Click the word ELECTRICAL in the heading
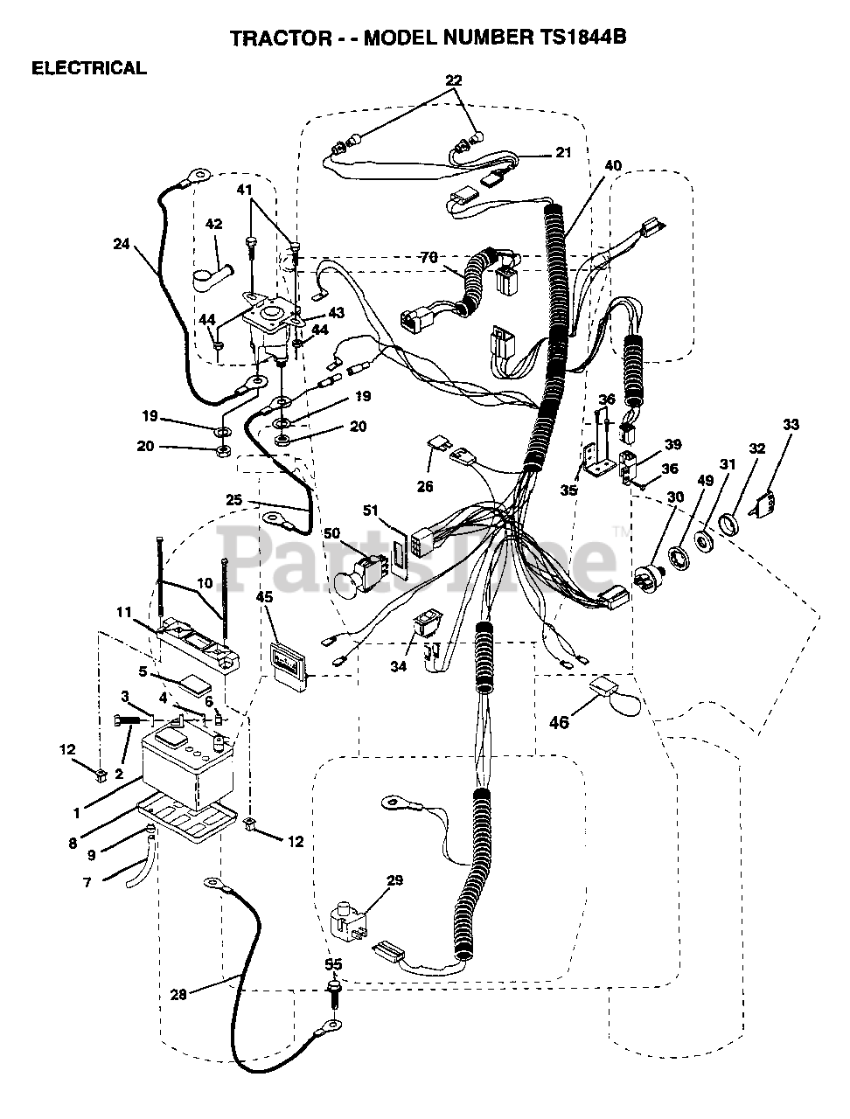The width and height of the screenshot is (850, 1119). (88, 68)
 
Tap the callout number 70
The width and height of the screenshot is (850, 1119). (428, 259)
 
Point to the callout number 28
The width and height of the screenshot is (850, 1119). (178, 994)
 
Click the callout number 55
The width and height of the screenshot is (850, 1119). (333, 964)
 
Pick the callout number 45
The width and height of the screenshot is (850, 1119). (265, 597)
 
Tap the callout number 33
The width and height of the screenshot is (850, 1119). (791, 426)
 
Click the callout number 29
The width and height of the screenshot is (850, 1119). (394, 880)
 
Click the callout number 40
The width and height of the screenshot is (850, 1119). (612, 166)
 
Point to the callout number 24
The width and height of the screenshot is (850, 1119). (122, 244)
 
